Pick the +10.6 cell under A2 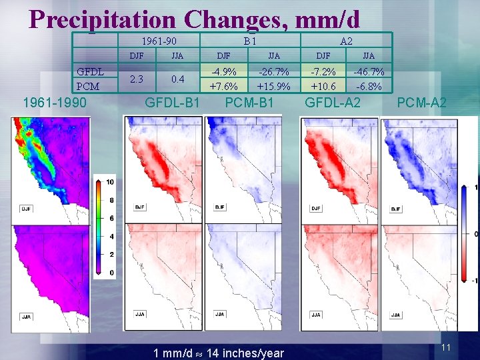[x=323, y=86]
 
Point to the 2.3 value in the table [x=136, y=79]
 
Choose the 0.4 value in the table [x=177, y=79]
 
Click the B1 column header [x=249, y=41]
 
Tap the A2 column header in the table [x=346, y=41]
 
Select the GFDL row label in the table [x=89, y=72]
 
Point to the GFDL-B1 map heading [x=173, y=103]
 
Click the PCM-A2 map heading [x=421, y=103]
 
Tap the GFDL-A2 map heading [x=333, y=103]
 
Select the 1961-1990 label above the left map [x=53, y=103]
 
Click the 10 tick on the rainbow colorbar [x=110, y=182]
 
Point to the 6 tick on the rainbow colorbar [x=111, y=219]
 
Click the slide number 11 [x=446, y=348]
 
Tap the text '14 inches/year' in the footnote [x=246, y=353]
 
